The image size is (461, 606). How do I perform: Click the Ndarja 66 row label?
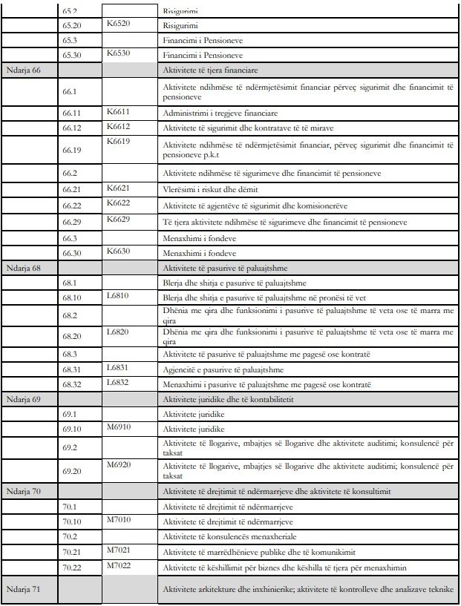coord(22,70)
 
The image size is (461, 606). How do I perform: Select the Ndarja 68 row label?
coord(22,269)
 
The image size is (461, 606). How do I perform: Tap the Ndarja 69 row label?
coord(22,400)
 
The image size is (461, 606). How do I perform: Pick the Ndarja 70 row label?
coord(22,492)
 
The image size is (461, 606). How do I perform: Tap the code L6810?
coord(118,295)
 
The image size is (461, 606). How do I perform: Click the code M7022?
coord(118,565)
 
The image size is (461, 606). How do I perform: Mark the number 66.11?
coord(72,113)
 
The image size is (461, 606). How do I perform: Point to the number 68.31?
coord(72,369)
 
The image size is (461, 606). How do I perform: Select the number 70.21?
coord(72,552)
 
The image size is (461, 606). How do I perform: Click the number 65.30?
coord(72,55)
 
